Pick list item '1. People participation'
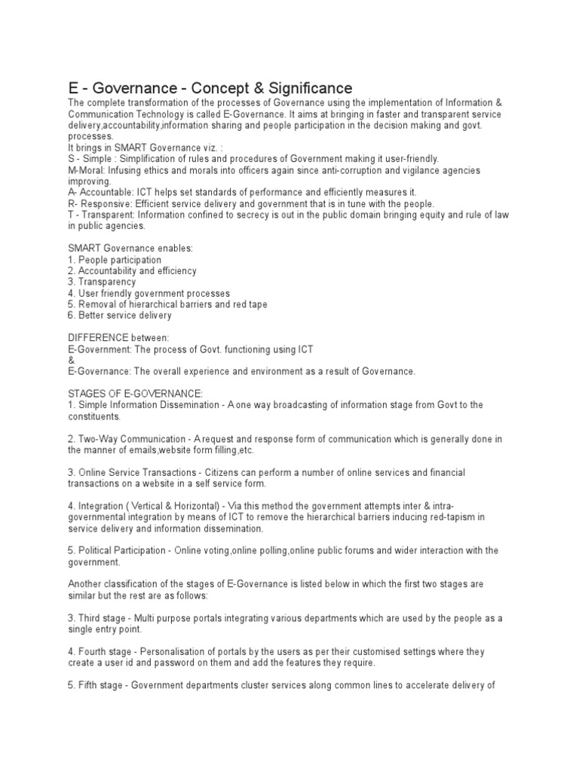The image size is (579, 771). tap(115, 259)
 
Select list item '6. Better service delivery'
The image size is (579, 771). tap(119, 315)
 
